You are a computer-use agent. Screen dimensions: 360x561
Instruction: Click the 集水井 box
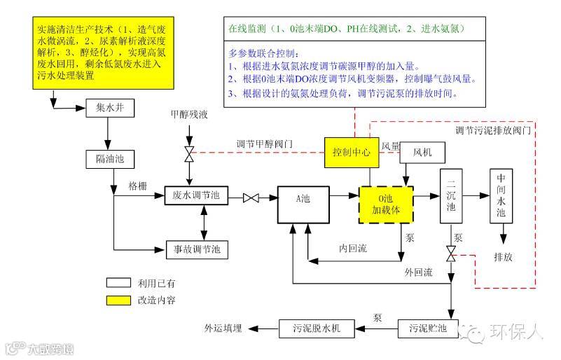pos(109,109)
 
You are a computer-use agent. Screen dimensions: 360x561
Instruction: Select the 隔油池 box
pos(109,160)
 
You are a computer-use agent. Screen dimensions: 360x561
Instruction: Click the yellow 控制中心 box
pos(350,152)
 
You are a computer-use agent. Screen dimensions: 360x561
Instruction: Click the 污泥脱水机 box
pos(316,327)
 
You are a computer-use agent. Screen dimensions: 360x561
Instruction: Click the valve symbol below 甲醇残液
pos(188,153)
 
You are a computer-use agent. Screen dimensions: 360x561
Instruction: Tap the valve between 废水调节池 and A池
pos(251,199)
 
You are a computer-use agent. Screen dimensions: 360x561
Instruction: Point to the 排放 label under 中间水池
pos(503,257)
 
